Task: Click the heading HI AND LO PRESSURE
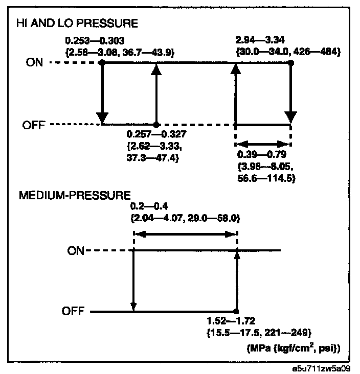(77, 24)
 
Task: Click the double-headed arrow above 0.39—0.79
(262, 145)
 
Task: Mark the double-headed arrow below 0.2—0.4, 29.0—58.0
(185, 234)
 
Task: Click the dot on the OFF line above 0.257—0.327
(156, 125)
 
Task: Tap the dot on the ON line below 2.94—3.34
(291, 63)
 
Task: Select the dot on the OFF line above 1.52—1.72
(236, 311)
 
